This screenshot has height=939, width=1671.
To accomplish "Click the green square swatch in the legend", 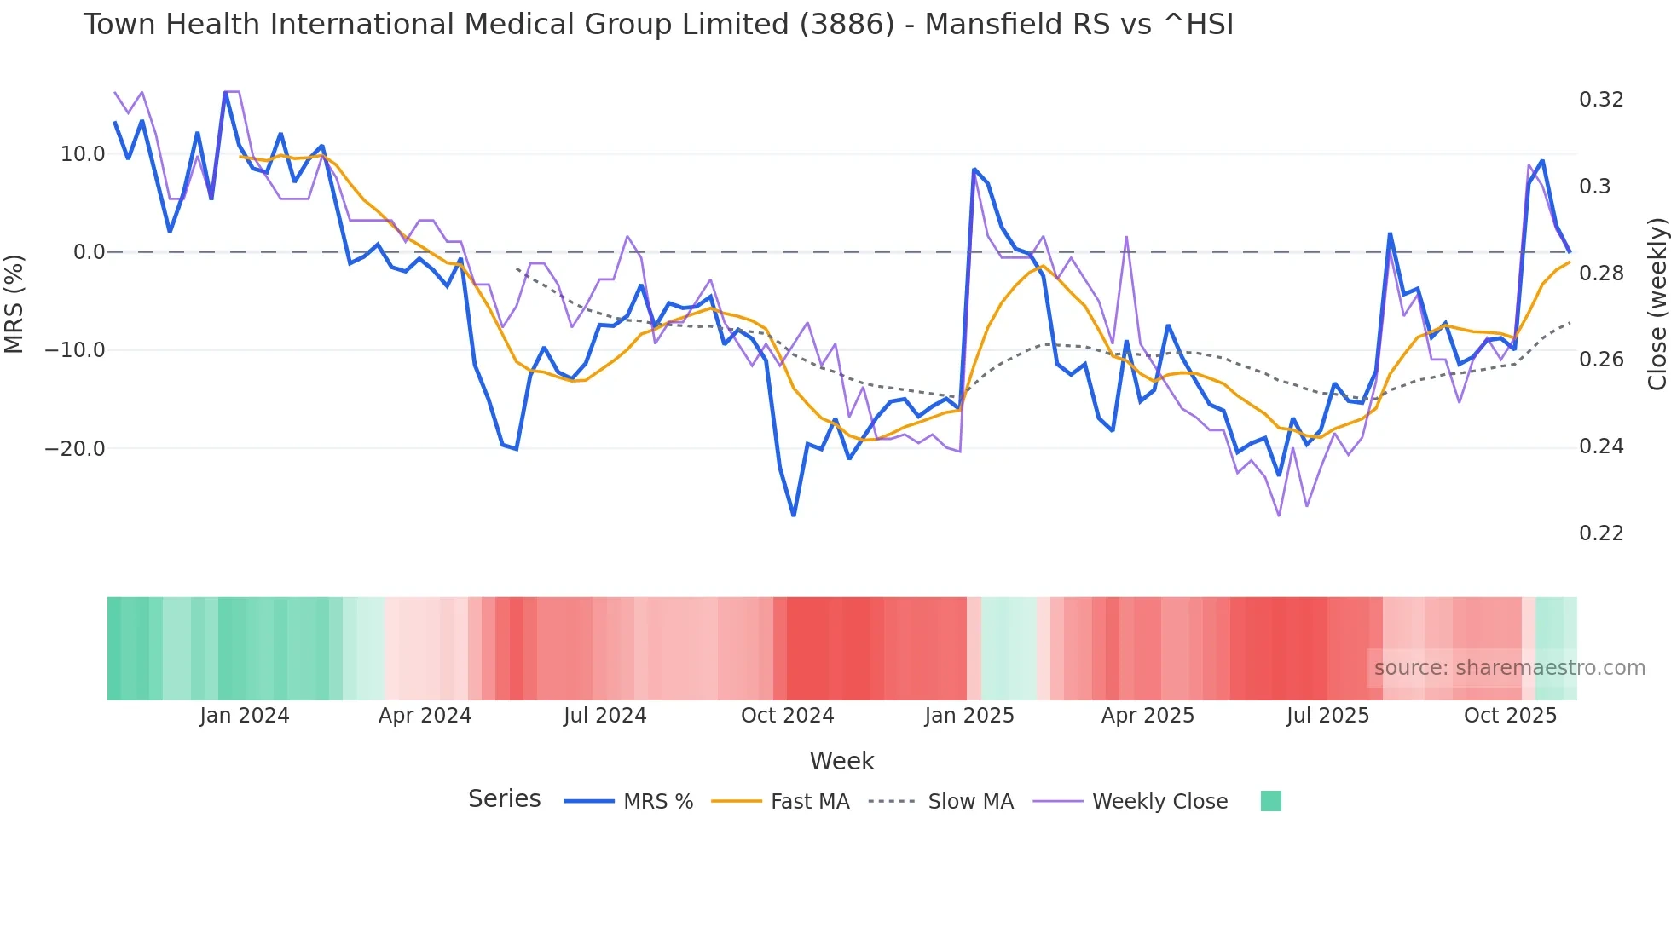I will click(1270, 801).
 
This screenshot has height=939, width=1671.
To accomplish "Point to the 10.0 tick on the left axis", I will click(83, 154).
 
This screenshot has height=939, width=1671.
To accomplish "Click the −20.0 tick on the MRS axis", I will click(75, 449).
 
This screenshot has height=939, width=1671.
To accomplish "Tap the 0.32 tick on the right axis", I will click(1601, 100).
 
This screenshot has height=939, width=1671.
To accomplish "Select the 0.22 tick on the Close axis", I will click(1601, 533).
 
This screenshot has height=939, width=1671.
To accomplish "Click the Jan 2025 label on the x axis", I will click(969, 716).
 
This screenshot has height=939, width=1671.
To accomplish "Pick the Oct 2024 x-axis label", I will click(787, 716).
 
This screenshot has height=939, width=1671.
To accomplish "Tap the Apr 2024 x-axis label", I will click(425, 716).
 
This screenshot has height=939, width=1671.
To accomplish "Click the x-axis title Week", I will click(841, 761).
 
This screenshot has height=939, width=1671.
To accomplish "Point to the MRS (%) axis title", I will click(14, 303).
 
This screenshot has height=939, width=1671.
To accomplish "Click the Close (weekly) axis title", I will click(1657, 304).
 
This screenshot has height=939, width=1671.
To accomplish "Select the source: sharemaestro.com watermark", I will click(1509, 668).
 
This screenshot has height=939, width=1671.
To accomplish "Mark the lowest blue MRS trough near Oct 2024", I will click(794, 516).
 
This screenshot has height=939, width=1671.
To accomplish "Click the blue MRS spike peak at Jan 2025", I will click(974, 170).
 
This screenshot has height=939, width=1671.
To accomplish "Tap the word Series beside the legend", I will click(504, 799).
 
